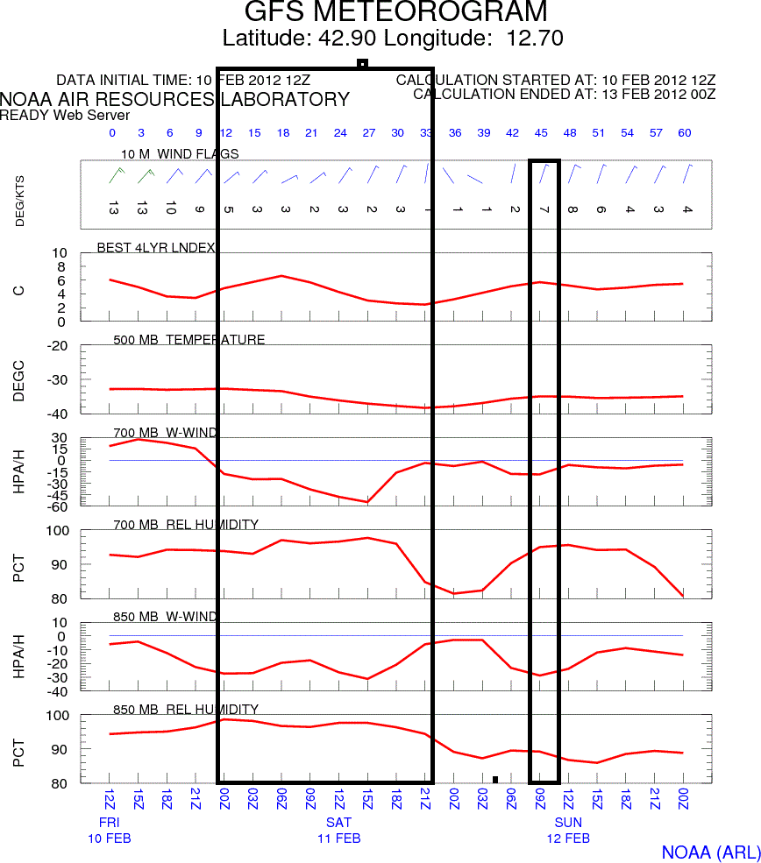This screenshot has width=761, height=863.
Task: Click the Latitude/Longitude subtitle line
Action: (393, 39)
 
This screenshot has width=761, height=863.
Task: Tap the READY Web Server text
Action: (65, 115)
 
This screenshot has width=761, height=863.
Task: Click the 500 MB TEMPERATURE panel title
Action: (189, 340)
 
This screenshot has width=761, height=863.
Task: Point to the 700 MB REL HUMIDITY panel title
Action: (186, 525)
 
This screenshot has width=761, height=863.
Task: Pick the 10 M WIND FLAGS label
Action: (180, 154)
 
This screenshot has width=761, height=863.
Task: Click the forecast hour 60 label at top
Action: (684, 133)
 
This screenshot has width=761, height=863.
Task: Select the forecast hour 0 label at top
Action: (112, 133)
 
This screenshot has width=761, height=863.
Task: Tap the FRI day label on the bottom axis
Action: (109, 823)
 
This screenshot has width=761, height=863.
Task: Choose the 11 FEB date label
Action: (338, 838)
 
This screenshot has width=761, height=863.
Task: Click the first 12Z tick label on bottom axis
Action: (110, 799)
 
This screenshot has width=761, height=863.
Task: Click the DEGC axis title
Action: (19, 379)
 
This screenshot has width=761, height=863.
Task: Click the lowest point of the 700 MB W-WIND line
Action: (368, 502)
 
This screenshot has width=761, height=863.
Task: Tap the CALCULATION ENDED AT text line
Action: (565, 94)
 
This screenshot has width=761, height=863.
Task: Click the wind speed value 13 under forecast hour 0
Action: (112, 209)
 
